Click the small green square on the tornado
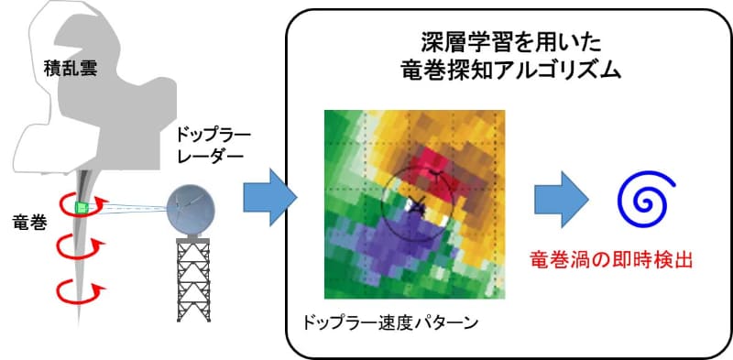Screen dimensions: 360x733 84,207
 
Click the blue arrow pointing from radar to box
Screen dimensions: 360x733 269,195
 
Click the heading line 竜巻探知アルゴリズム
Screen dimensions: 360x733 508,71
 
